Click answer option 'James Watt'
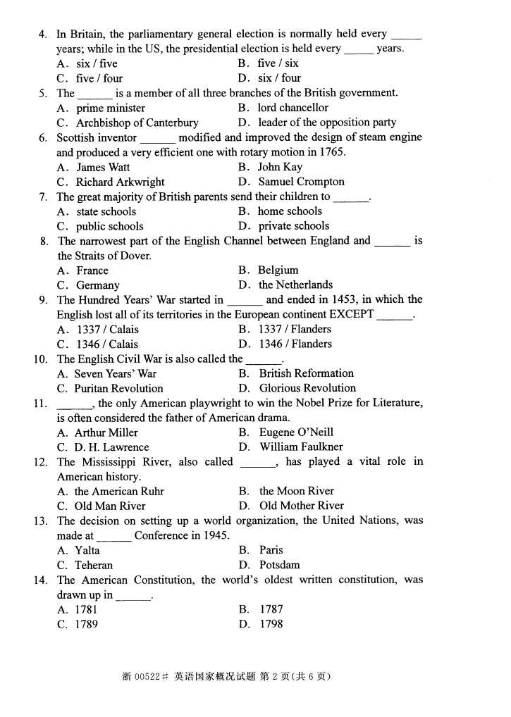coord(103,167)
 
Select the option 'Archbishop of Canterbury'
coord(137,123)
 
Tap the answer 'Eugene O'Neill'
coord(296,432)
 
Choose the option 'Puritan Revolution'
coord(118,388)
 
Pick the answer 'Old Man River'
coord(110,506)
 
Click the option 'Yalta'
coord(87,550)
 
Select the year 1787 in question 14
coord(271,609)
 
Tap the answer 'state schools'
coord(106,211)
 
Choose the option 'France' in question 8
coord(92,270)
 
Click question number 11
coord(39,404)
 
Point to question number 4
coord(43,34)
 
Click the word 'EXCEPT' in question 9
coord(351,314)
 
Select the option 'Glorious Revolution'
coord(307,388)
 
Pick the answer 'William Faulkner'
coord(301,447)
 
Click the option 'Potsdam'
coord(280,565)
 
